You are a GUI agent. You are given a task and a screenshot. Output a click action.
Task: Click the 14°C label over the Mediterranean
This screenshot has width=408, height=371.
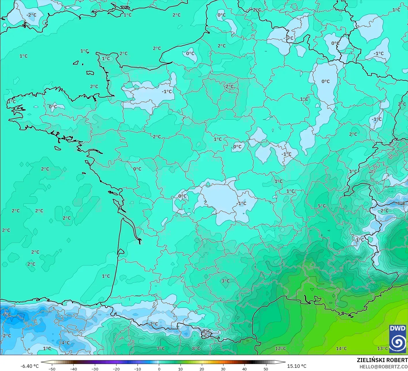pos(341,349)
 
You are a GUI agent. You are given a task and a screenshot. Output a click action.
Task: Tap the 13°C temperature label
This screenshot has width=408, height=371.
pos(383,349)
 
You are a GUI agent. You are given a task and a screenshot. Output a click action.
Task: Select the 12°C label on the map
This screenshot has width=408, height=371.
pos(280,349)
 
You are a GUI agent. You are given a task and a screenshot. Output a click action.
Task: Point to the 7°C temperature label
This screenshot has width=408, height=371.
pos(161,349)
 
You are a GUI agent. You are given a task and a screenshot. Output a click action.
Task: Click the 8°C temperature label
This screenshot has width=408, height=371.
pos(196,349)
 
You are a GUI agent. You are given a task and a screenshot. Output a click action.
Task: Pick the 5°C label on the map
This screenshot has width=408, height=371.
pos(321,206)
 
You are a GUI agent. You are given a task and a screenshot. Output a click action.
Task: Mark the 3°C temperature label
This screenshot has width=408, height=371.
pos(225,281)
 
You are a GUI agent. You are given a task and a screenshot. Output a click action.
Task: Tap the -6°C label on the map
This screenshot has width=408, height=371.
pos(6,314)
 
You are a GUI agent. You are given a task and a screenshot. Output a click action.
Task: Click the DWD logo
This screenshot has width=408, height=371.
pos(398,338)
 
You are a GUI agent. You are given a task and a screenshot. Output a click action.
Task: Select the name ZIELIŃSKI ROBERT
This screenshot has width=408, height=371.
pos(382,360)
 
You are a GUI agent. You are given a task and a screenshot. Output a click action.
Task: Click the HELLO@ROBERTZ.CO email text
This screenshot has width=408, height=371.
pos(383,366)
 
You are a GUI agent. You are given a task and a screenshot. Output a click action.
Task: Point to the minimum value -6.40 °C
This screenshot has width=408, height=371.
pos(29,366)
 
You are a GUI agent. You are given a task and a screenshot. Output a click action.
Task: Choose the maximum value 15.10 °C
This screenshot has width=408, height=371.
pos(297,366)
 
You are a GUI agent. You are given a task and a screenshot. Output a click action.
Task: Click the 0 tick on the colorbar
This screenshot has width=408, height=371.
pos(159,369)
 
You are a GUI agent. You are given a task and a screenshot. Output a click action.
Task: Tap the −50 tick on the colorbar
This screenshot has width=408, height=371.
pos(52,369)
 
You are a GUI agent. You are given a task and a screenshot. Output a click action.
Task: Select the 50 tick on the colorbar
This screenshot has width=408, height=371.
pos(266,369)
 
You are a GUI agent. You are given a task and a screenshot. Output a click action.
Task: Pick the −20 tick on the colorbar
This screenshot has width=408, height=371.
pos(116,369)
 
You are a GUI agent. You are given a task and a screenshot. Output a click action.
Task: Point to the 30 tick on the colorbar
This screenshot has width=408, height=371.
pos(223,369)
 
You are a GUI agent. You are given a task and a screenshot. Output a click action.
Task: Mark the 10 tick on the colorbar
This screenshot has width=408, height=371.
pos(180,369)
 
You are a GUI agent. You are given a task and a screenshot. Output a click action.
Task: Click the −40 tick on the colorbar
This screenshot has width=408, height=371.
pos(73,369)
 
